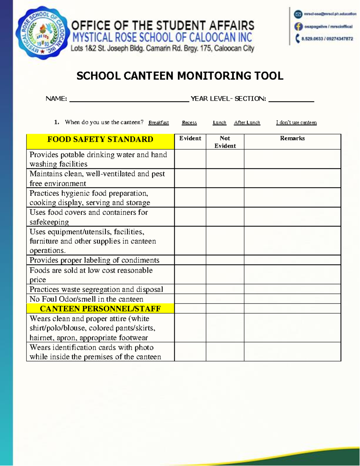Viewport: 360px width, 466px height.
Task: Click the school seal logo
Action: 43,33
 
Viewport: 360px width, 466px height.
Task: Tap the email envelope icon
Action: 298,14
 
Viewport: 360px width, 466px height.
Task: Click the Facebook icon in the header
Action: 298,26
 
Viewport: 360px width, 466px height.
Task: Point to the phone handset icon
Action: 297,38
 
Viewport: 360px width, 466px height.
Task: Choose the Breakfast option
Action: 158,122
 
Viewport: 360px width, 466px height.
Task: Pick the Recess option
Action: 189,122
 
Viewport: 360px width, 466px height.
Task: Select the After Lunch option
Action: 247,122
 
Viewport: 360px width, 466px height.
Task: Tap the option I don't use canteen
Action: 296,122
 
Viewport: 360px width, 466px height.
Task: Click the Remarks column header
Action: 292,138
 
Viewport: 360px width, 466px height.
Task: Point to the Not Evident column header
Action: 225,142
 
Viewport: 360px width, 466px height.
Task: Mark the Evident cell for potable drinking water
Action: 190,159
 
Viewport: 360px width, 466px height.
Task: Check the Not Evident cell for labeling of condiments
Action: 225,260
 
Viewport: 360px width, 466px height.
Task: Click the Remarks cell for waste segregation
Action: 292,289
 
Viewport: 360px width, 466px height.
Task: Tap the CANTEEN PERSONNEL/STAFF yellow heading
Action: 100,308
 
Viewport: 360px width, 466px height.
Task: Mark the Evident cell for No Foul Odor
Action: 190,299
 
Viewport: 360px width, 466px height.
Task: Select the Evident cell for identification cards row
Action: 190,352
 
